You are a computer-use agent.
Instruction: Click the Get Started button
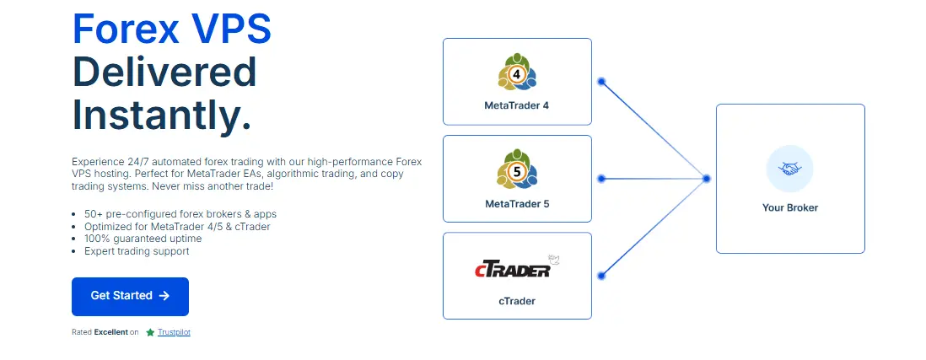(x=130, y=296)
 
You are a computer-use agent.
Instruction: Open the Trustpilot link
(x=174, y=332)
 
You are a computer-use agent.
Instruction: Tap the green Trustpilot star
(x=150, y=332)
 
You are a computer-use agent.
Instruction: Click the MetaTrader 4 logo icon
(x=517, y=73)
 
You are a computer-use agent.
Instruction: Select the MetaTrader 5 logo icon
(x=517, y=169)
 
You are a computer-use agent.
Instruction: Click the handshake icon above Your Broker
(x=789, y=169)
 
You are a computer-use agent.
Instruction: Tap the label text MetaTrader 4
(x=517, y=106)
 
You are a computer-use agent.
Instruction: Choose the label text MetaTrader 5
(x=517, y=204)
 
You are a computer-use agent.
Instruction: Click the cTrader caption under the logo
(x=517, y=301)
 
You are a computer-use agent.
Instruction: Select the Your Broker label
(x=790, y=207)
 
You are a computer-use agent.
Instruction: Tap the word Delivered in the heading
(x=164, y=72)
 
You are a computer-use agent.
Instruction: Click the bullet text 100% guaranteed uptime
(x=143, y=239)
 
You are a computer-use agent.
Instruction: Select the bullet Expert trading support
(x=137, y=251)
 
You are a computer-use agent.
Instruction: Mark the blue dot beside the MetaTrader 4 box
(x=601, y=82)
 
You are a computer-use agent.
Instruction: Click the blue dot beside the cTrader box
(x=601, y=276)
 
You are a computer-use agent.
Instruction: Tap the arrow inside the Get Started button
(x=164, y=296)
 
